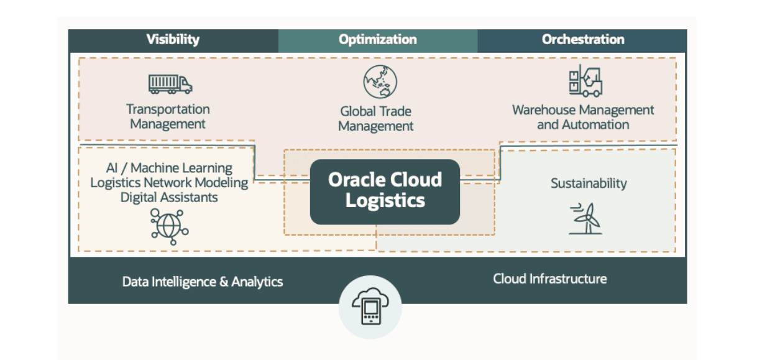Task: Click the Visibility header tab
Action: [173, 40]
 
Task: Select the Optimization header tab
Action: [378, 40]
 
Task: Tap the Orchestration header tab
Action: [582, 40]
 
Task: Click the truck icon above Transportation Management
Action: [170, 84]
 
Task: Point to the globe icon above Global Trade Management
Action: [380, 82]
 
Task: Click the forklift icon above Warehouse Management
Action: [585, 81]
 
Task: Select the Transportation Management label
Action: [168, 117]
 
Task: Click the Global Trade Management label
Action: [376, 119]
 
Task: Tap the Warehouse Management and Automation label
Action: [583, 118]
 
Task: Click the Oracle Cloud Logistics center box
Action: [385, 192]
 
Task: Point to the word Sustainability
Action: [589, 183]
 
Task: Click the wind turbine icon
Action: [585, 218]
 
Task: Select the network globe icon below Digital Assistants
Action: [169, 226]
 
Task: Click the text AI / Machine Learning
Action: [169, 168]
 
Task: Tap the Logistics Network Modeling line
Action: [169, 183]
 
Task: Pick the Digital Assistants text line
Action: [169, 197]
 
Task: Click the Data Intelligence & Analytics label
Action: [203, 282]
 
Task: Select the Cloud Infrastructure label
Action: [550, 279]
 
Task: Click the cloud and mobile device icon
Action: [370, 307]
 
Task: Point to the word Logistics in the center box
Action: [385, 201]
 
